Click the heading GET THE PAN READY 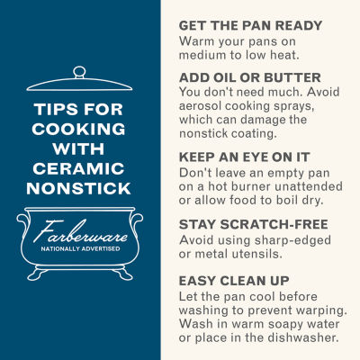coord(250,25)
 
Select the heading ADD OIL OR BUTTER coord(250,77)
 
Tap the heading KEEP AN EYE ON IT coord(244,157)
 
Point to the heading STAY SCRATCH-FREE coord(254,224)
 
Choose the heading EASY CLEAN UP coord(234,281)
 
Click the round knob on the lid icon coord(79,72)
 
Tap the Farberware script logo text coord(80,231)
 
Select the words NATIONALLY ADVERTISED coord(80,249)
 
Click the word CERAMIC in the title coord(78,168)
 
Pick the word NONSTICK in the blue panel coord(78,189)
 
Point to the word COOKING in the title coord(78,129)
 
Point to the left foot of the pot coord(38,274)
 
